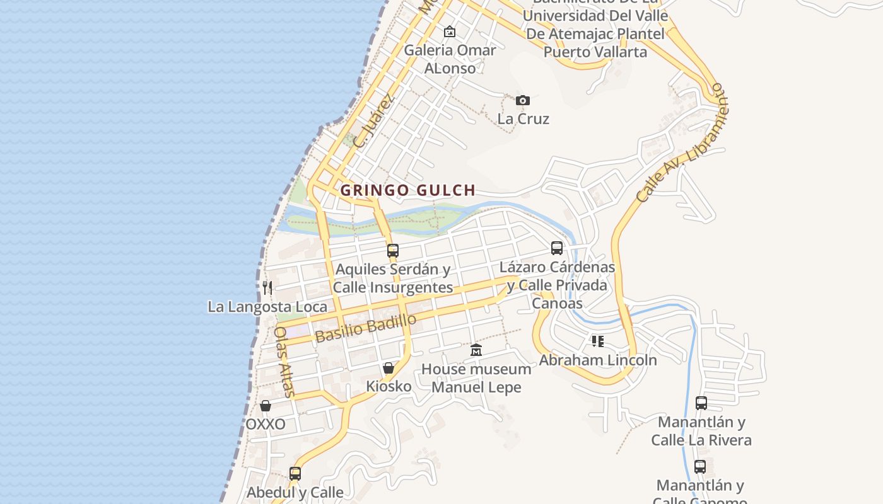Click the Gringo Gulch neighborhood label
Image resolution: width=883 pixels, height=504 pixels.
tap(407, 190)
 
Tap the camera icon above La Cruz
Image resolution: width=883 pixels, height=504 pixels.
tap(522, 100)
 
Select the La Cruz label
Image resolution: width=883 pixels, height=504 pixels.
tap(523, 118)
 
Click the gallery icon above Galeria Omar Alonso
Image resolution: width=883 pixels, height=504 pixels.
tap(450, 31)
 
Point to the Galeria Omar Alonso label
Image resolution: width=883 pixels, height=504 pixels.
tap(450, 59)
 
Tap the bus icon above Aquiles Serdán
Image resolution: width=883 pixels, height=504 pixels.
tap(393, 251)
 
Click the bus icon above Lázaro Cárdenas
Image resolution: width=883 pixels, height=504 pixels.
tap(557, 248)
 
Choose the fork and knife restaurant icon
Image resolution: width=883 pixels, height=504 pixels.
tap(267, 288)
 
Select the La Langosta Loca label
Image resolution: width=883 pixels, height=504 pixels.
tap(267, 307)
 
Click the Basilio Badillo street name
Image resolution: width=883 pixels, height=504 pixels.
tap(366, 328)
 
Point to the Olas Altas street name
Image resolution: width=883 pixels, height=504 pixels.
tap(285, 361)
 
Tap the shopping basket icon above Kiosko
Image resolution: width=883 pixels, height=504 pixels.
tap(389, 368)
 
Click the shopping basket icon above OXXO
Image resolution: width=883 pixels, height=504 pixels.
tap(266, 406)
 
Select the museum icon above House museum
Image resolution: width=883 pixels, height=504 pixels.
tap(476, 350)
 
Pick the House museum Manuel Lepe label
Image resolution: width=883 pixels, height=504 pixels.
tap(476, 378)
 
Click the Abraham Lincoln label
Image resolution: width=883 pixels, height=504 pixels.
tap(597, 360)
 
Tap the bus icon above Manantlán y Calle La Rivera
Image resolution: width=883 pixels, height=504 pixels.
tap(701, 403)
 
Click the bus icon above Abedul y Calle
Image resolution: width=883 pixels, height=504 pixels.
tap(295, 473)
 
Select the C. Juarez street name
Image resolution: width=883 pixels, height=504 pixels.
tap(373, 122)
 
